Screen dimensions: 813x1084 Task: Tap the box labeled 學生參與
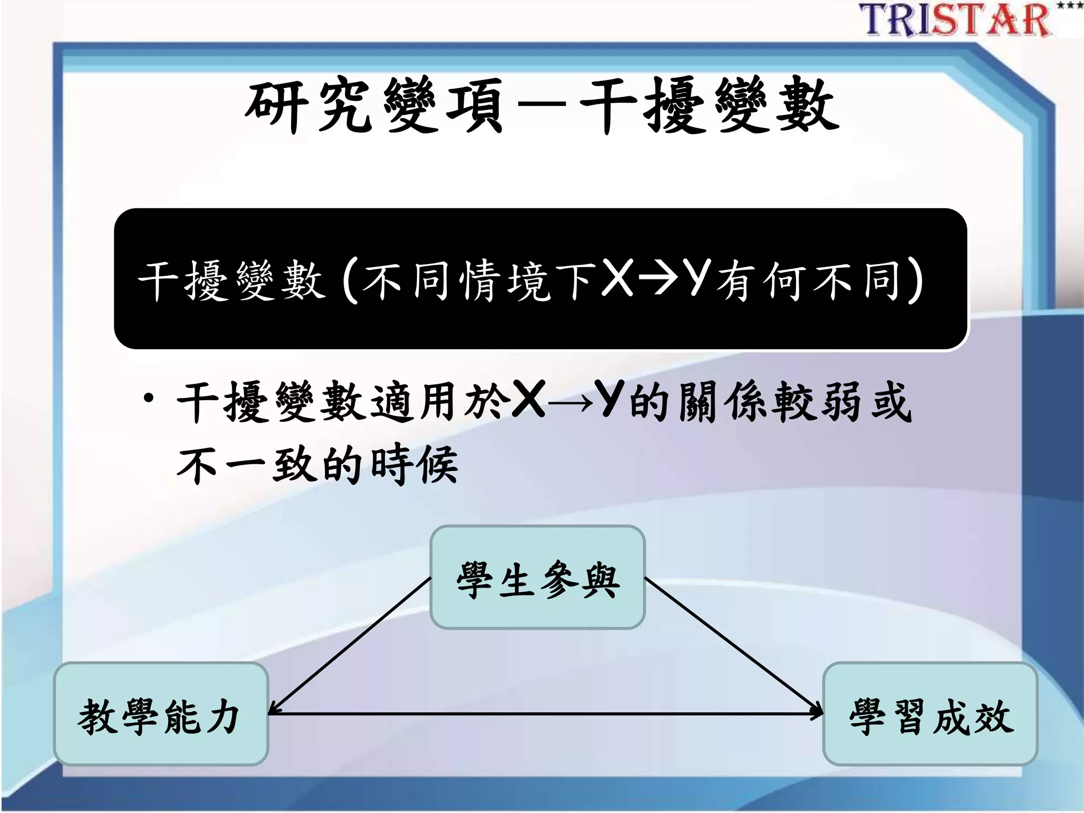tap(537, 577)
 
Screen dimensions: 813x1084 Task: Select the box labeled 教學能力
tap(160, 714)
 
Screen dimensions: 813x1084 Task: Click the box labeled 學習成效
tap(929, 714)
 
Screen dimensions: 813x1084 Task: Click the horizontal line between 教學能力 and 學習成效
tap(545, 714)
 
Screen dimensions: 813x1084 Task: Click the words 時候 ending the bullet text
tap(413, 465)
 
